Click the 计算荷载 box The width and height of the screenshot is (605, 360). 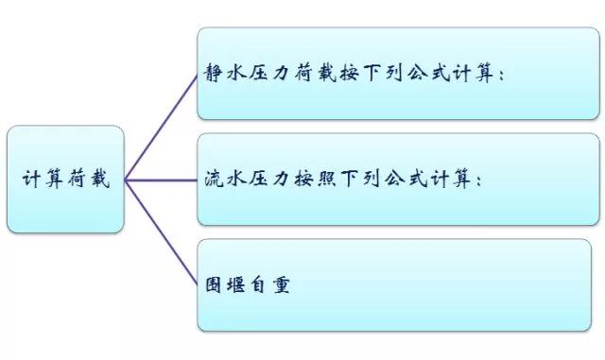tap(65, 180)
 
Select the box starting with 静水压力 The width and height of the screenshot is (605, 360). tap(398, 74)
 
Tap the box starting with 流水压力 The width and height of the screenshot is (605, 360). tap(398, 179)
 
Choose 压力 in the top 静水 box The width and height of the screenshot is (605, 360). tap(269, 75)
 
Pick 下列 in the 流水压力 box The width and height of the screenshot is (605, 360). tap(362, 180)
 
